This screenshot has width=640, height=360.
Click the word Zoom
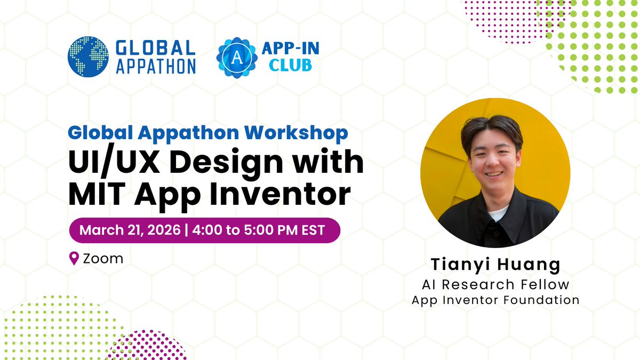pyautogui.click(x=103, y=259)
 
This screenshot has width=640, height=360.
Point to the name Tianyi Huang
pyautogui.click(x=495, y=265)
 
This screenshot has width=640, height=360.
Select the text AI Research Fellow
pyautogui.click(x=495, y=284)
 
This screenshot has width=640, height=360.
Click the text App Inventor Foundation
pyautogui.click(x=495, y=300)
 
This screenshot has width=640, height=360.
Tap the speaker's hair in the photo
pyautogui.click(x=493, y=128)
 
